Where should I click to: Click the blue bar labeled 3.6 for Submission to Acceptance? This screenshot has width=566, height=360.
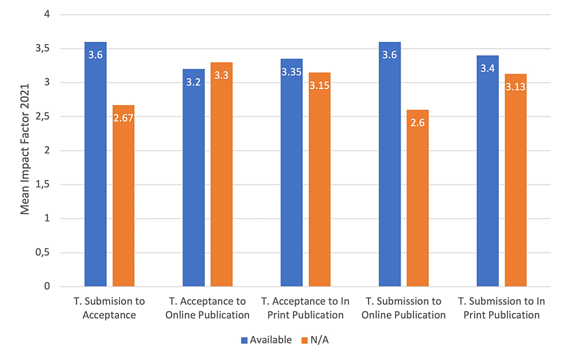[x=95, y=167]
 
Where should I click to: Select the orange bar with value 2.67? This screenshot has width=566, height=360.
[x=123, y=198]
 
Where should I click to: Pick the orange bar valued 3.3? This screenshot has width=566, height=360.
[x=222, y=176]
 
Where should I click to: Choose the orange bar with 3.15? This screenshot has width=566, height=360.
[x=320, y=181]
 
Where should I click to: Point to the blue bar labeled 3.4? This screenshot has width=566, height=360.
[x=488, y=172]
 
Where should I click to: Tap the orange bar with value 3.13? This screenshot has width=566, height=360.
[x=515, y=181]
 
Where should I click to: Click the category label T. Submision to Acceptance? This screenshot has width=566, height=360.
[x=109, y=308]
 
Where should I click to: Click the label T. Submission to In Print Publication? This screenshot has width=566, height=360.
[x=501, y=308]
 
